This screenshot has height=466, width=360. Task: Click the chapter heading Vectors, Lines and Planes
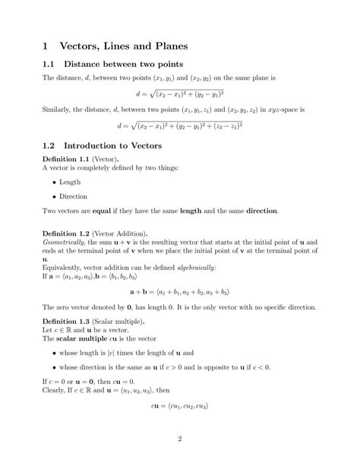(122, 47)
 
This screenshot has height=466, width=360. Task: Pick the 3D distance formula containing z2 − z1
(180, 125)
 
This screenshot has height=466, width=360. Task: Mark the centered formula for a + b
(180, 290)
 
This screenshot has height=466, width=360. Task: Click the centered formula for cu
(180, 406)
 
